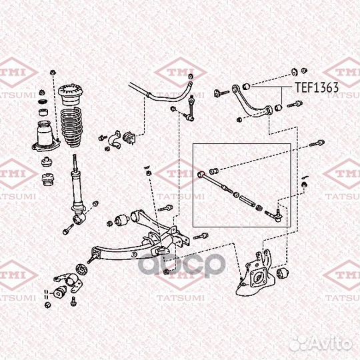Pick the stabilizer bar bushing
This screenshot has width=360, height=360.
tap(130, 137)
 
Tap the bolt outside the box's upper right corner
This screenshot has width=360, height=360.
tap(317, 141)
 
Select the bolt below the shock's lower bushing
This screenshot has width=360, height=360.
tap(68, 231)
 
